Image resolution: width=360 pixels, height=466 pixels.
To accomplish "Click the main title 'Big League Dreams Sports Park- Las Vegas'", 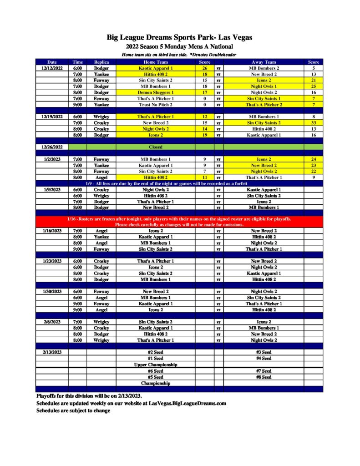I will [180, 37].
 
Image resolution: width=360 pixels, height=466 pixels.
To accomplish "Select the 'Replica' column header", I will [101, 62].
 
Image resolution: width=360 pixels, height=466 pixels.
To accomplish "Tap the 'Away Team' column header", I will [264, 62].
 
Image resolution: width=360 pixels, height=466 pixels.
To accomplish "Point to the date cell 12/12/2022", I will [52, 68].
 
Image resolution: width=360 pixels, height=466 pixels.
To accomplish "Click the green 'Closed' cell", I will [156, 147].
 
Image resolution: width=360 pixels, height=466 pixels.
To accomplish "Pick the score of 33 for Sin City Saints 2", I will [314, 123].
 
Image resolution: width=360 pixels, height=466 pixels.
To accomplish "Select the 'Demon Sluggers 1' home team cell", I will [156, 92].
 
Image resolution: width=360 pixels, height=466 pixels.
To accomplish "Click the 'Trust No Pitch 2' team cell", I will [156, 104].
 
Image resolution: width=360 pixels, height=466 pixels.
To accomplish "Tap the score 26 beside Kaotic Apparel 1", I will [205, 68].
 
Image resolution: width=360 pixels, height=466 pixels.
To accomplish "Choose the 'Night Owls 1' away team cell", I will [264, 86].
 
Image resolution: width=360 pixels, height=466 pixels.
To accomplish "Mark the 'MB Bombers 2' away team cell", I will [264, 68].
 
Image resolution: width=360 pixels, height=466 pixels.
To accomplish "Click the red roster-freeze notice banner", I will [179, 222].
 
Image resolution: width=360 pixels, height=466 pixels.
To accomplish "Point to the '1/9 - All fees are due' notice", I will [179, 183].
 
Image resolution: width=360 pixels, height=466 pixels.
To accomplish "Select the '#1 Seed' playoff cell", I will [156, 358].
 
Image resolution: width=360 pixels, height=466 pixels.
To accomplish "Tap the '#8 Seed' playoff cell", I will [264, 377].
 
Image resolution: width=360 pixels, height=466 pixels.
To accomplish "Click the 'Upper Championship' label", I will [156, 365].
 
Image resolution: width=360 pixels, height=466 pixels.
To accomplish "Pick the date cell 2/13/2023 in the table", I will [52, 352].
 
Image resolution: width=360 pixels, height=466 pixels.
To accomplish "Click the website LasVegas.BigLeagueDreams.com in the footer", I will [188, 403].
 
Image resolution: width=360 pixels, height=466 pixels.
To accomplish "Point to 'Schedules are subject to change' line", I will [73, 410].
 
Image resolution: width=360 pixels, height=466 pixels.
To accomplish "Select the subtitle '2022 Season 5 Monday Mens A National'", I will [180, 46].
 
